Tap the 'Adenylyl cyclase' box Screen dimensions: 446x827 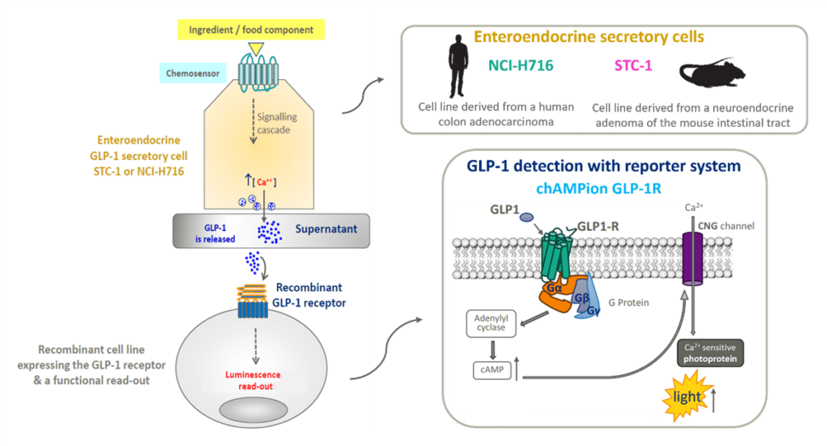pos(489,324)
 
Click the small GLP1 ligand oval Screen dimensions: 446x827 pos(526,217)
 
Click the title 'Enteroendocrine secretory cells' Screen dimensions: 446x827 pos(588,36)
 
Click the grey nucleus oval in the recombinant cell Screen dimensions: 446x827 pos(254,414)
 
